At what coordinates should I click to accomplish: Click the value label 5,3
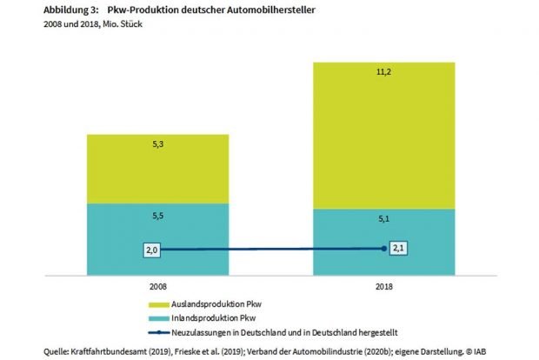click(x=157, y=146)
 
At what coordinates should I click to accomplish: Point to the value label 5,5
click(x=157, y=215)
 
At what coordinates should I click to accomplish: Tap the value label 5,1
click(x=383, y=220)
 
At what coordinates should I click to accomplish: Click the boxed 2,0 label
click(x=153, y=250)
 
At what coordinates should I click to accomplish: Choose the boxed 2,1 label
click(x=399, y=248)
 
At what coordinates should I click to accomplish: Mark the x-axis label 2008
click(x=157, y=285)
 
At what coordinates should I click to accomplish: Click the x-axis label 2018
click(x=383, y=285)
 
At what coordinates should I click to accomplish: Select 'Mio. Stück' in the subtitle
click(x=120, y=23)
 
